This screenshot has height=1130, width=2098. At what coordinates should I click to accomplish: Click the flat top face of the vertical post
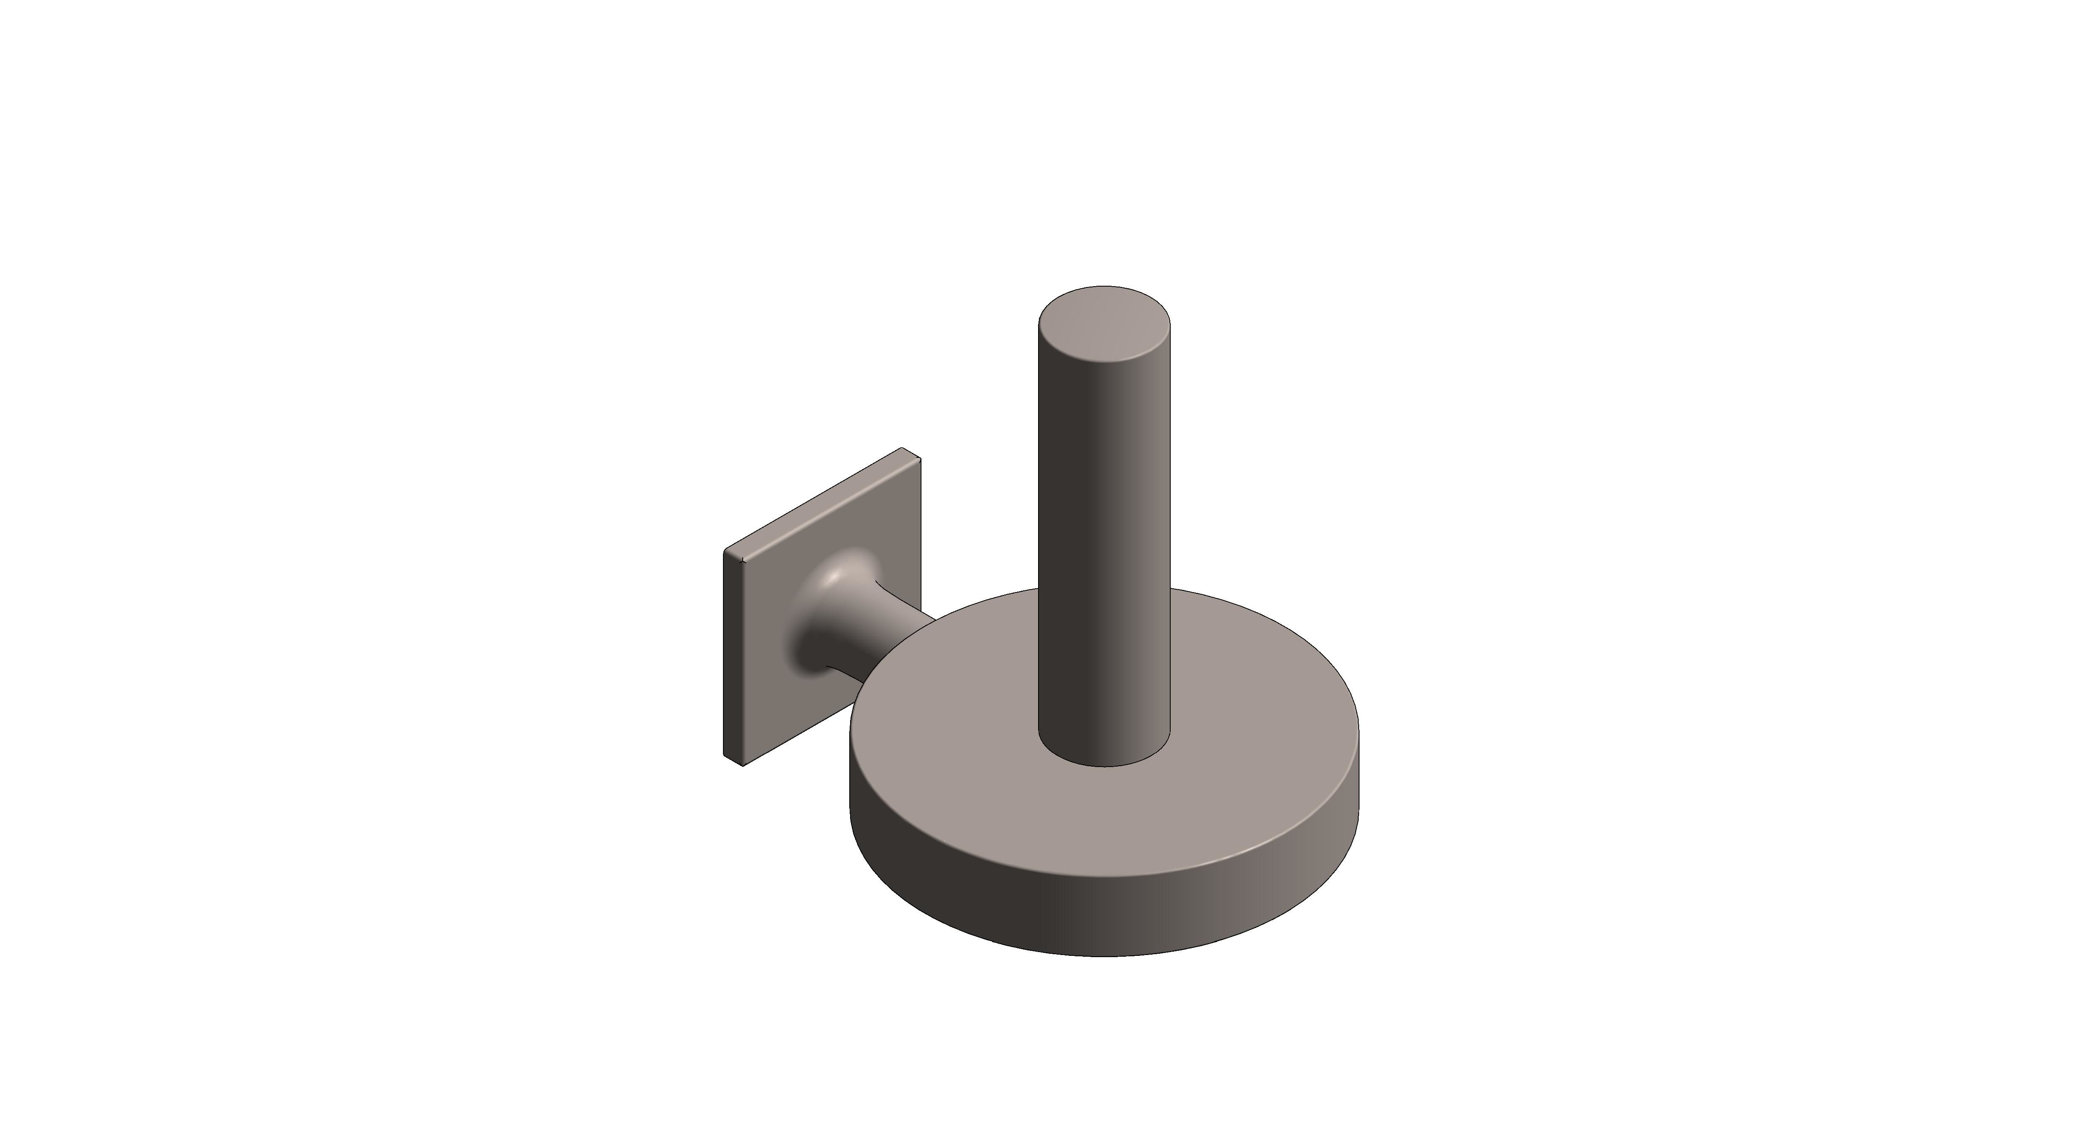pos(1104,324)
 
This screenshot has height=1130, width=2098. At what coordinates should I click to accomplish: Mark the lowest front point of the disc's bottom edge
pos(1104,955)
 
